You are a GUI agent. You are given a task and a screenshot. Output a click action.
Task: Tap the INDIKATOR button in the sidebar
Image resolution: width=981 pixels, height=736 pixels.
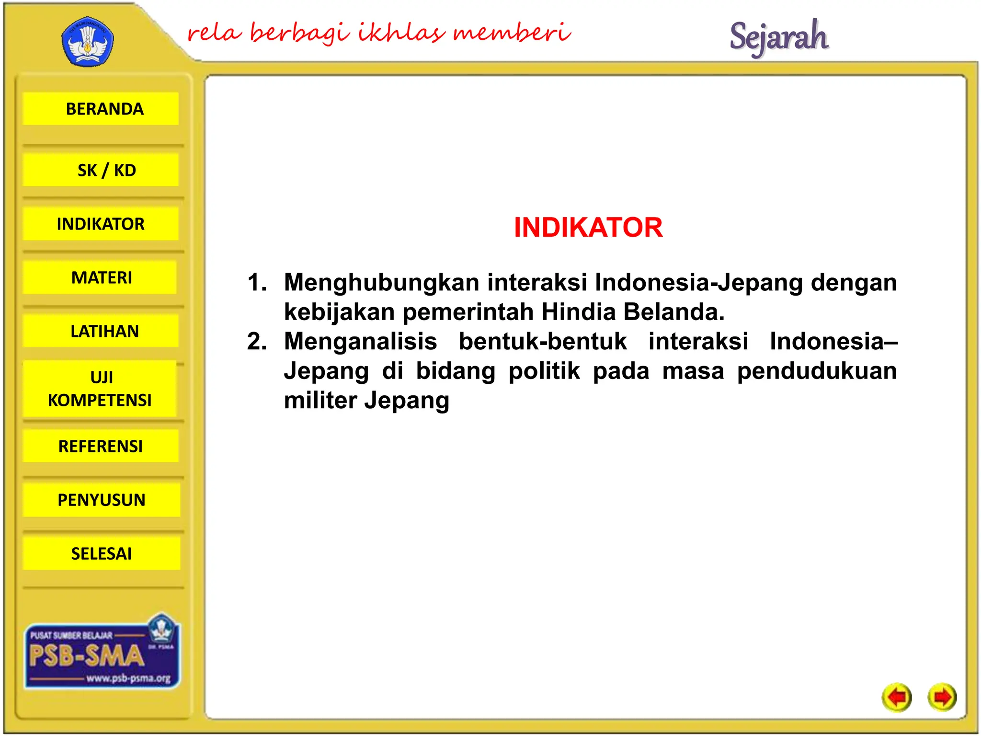pos(101,224)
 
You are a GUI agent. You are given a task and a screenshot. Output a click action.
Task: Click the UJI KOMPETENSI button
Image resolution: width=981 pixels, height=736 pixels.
pos(100,389)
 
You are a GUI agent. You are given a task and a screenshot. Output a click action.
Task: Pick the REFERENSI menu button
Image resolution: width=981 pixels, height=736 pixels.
pos(101,446)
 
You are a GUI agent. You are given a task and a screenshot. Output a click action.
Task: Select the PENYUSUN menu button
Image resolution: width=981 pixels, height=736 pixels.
pos(102,500)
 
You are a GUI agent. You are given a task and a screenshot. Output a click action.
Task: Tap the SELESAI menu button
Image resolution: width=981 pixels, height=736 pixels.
pos(102,553)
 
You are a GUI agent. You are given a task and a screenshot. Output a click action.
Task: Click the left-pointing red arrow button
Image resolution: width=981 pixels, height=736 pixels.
pos(897,697)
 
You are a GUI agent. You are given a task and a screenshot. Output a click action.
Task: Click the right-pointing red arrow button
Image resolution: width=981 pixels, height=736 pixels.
pos(942,697)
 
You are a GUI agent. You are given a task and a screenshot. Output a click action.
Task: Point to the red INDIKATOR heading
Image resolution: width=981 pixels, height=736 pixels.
pos(588,227)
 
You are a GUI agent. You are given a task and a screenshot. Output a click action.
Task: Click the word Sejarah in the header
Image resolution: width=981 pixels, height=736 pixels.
pos(779,37)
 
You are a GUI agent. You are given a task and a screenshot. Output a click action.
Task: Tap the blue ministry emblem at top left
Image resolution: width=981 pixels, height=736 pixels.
pos(88,42)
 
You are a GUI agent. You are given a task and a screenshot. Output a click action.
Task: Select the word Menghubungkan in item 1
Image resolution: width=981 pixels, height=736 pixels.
pos(381,282)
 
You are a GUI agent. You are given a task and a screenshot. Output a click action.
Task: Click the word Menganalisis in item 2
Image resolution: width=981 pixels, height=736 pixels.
pos(360,342)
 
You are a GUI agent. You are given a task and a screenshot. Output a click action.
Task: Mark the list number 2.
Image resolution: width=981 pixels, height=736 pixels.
pos(256,342)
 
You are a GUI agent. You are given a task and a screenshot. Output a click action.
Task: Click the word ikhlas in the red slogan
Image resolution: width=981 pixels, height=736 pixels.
pos(401,33)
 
